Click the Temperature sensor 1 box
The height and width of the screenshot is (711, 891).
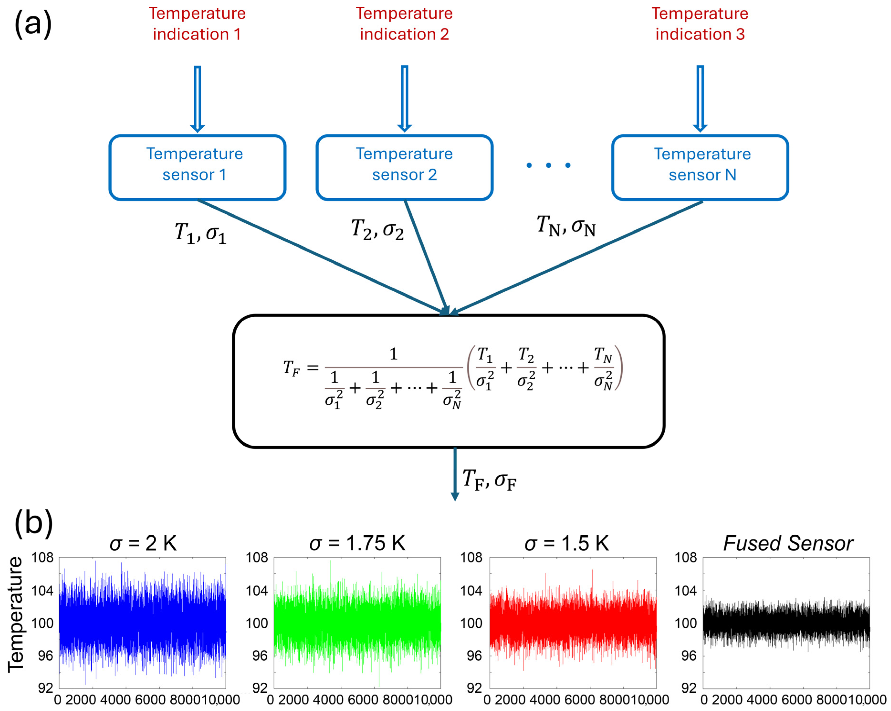[x=197, y=168]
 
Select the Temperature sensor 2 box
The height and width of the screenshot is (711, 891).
[x=404, y=168]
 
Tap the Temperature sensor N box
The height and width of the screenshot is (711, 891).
[x=700, y=168]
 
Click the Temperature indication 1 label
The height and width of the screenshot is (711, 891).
[x=197, y=24]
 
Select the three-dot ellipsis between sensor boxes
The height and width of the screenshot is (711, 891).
[x=548, y=165]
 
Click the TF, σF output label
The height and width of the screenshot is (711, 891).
[x=489, y=480]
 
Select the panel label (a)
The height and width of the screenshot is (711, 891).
[x=33, y=24]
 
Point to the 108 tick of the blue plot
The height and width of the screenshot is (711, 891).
[x=42, y=558]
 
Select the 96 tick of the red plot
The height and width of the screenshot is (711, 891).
[x=474, y=656]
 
